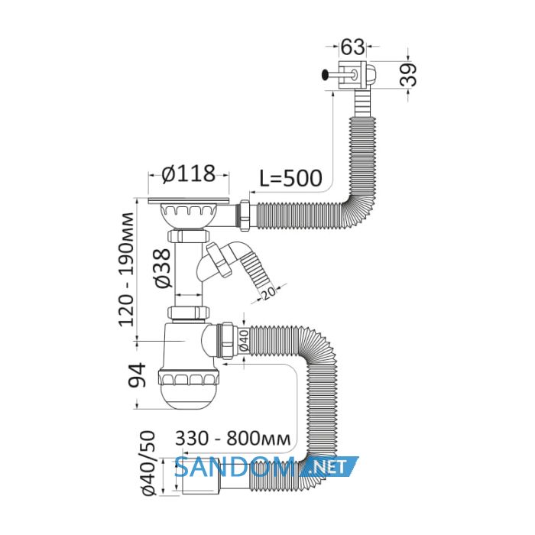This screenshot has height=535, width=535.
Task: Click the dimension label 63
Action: (x=353, y=47)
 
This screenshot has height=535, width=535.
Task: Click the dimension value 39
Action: (x=408, y=74)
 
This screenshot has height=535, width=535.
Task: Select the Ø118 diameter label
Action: (x=189, y=173)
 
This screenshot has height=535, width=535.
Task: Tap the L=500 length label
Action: (x=290, y=178)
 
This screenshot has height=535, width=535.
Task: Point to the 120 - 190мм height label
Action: (x=126, y=269)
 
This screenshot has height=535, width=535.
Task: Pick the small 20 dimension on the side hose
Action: (x=269, y=293)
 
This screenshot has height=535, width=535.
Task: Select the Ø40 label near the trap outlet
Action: (x=244, y=340)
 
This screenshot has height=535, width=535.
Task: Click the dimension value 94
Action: (x=137, y=375)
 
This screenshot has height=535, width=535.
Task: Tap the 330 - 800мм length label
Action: (x=233, y=439)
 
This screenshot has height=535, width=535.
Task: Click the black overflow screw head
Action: (x=325, y=74)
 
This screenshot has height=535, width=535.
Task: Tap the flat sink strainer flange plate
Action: (x=189, y=200)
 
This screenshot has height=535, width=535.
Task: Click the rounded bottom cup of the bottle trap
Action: (x=187, y=396)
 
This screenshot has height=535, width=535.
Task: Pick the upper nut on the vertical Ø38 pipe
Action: (x=188, y=235)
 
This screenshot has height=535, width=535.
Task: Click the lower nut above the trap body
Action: (x=188, y=312)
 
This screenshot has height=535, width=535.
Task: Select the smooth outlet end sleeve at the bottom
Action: (x=200, y=477)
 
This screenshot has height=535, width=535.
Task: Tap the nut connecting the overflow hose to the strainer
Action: (x=245, y=216)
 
